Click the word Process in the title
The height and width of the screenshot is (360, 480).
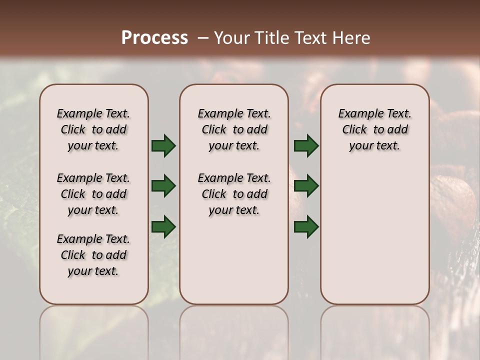pyautogui.click(x=154, y=38)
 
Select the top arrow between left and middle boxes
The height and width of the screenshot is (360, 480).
pyautogui.click(x=163, y=145)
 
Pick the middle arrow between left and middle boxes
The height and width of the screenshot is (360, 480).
pyautogui.click(x=163, y=186)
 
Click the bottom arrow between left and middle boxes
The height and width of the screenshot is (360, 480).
pyautogui.click(x=163, y=226)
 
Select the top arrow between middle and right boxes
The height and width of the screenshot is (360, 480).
pyautogui.click(x=306, y=145)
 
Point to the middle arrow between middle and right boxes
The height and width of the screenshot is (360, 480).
pyautogui.click(x=306, y=186)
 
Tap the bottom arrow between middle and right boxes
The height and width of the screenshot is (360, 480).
pyautogui.click(x=306, y=226)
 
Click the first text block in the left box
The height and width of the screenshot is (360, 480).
pyautogui.click(x=93, y=129)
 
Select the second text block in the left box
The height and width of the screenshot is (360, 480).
pyautogui.click(x=93, y=194)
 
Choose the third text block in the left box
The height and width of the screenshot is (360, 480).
pyautogui.click(x=93, y=255)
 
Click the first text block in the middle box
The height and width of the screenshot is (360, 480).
pyautogui.click(x=234, y=129)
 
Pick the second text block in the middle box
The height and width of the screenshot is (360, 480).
pyautogui.click(x=234, y=194)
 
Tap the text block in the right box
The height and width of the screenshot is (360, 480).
pyautogui.click(x=374, y=129)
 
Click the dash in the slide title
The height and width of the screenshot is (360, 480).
pyautogui.click(x=202, y=38)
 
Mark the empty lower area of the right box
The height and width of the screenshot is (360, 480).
pyautogui.click(x=374, y=235)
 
